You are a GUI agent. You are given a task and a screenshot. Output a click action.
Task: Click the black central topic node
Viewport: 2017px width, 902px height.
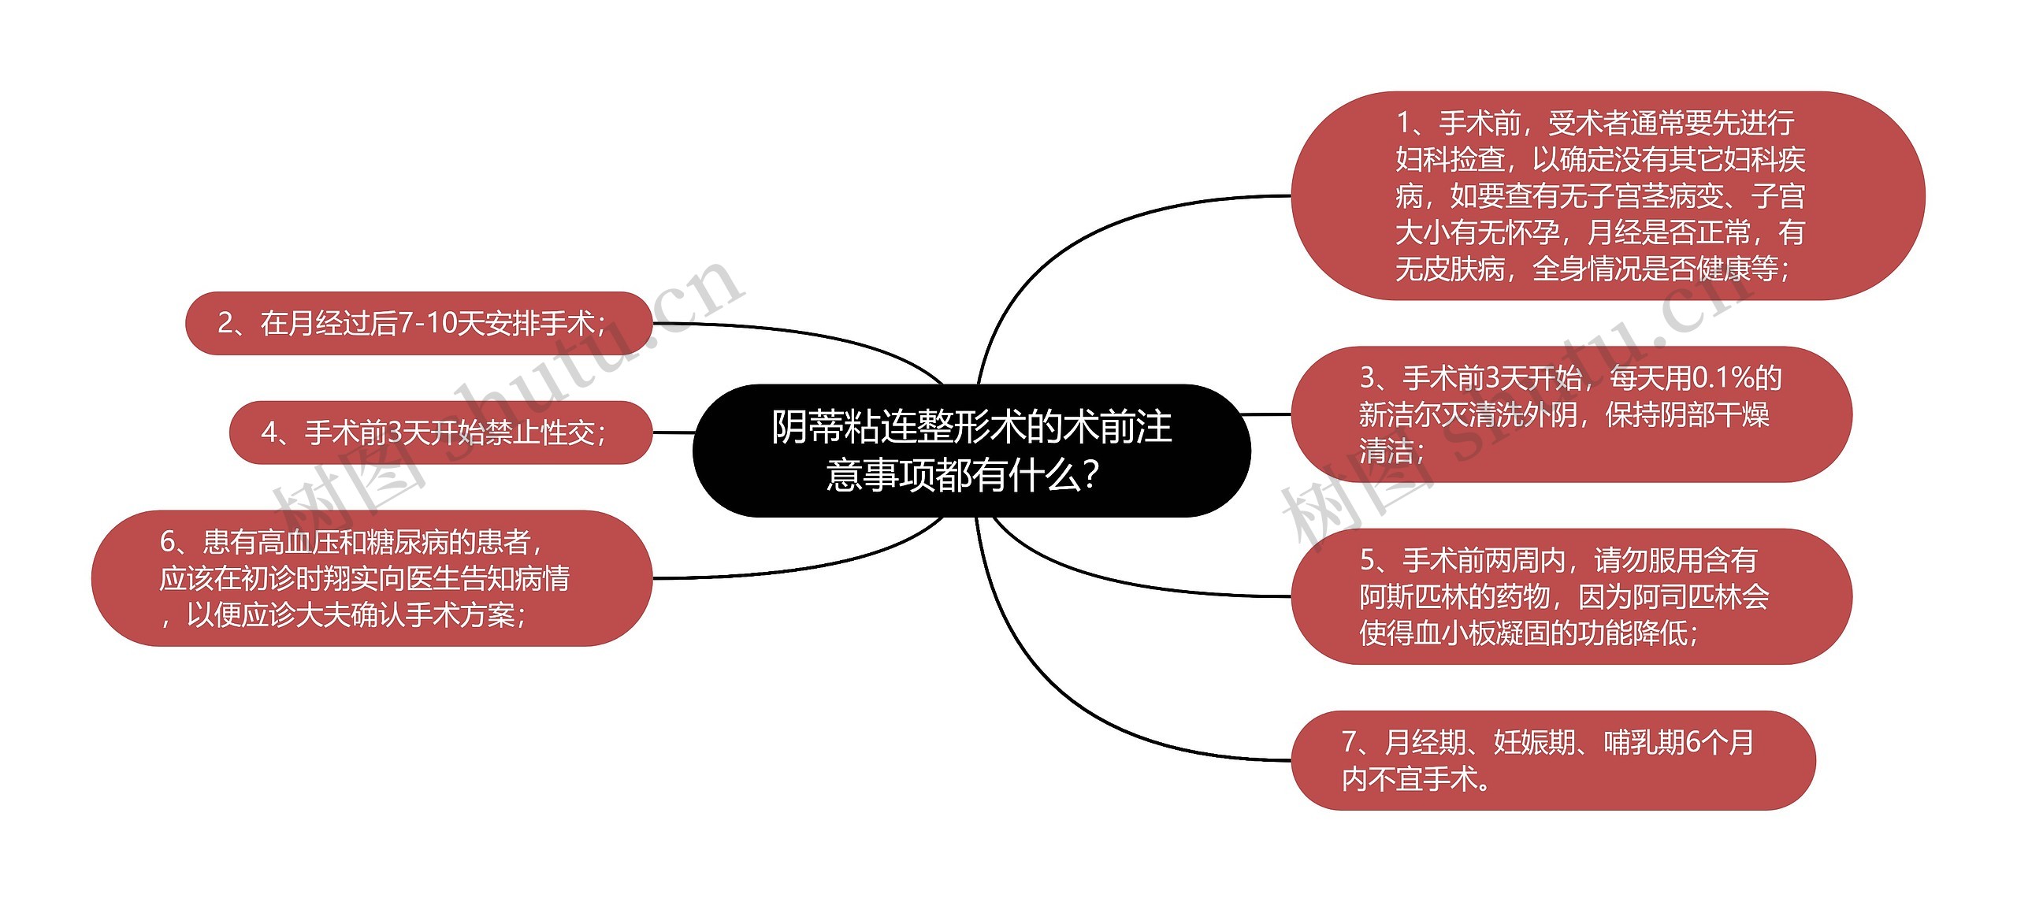point(971,450)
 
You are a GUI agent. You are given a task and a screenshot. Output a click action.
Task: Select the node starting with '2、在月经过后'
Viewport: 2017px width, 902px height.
point(418,323)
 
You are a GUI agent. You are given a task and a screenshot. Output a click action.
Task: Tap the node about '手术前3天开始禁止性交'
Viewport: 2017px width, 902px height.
point(440,432)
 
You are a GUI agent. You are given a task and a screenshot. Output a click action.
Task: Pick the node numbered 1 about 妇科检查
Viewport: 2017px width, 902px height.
point(1607,195)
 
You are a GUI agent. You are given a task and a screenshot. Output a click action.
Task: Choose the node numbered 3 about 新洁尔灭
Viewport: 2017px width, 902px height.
point(1571,414)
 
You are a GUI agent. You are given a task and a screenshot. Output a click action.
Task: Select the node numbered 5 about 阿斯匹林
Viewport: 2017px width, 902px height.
point(1571,596)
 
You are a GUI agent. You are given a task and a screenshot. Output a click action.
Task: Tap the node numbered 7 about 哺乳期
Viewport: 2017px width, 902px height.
point(1552,760)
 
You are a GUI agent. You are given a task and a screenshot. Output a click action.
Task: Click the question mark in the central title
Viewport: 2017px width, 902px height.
point(1091,476)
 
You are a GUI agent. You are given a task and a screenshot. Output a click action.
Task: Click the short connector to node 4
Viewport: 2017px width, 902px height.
point(673,432)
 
